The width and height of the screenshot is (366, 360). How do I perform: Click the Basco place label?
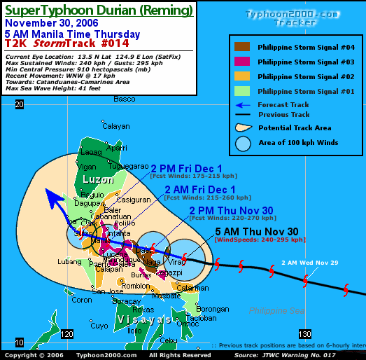124,99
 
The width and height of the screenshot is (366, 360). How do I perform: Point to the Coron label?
82,300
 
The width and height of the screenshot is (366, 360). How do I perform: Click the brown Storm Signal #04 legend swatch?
241,47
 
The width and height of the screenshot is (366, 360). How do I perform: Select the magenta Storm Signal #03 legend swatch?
241,62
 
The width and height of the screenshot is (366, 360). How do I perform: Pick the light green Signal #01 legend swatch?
241,91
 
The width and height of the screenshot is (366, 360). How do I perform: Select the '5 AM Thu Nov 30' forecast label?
257,232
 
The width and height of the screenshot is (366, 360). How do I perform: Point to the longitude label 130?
304,334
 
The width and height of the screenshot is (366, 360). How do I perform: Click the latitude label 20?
20,104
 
